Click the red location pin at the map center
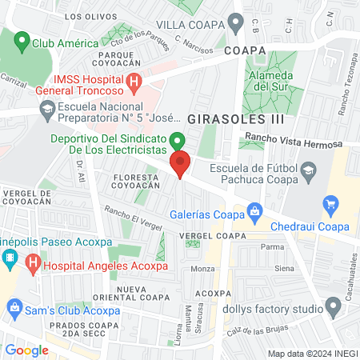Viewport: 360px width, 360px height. click(x=180, y=164)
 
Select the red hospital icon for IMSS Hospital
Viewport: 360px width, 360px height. click(x=134, y=81)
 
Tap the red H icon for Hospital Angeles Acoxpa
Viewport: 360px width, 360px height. click(x=33, y=261)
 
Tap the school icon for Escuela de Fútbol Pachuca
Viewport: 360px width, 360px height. click(x=306, y=168)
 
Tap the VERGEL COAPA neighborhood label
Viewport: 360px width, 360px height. click(x=212, y=236)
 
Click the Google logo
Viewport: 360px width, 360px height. click(x=26, y=350)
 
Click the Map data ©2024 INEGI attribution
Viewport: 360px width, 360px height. click(x=311, y=354)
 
